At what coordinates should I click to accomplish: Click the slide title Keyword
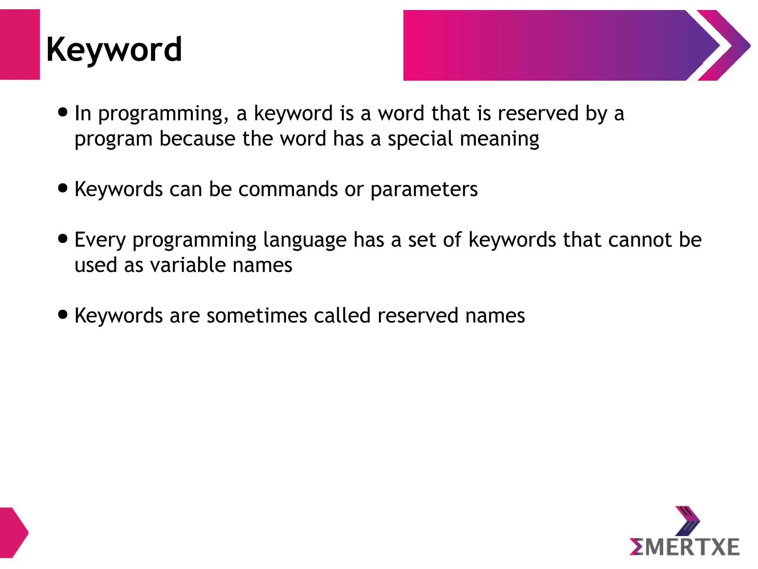114,50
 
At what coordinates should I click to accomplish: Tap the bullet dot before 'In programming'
63,112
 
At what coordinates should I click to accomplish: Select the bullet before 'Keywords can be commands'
63,188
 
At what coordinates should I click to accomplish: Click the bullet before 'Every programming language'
63,239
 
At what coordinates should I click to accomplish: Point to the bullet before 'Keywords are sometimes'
63,315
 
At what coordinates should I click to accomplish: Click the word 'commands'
288,189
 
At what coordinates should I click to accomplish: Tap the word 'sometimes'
257,316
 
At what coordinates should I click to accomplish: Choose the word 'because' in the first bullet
197,139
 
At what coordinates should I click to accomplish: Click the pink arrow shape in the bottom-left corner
13,533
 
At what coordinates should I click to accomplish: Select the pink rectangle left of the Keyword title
20,45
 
